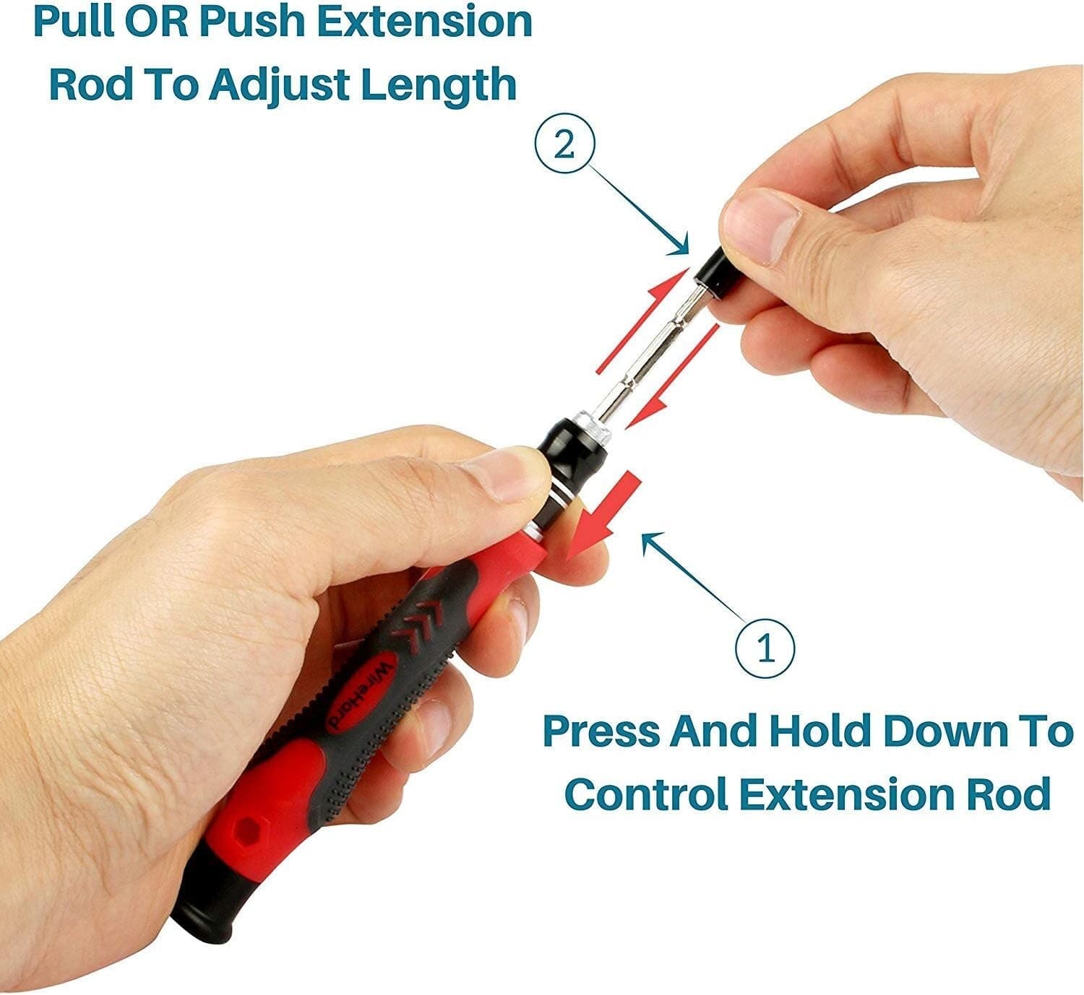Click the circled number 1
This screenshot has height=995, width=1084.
765,648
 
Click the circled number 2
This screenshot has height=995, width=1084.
564,147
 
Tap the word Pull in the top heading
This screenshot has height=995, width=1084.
75,23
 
